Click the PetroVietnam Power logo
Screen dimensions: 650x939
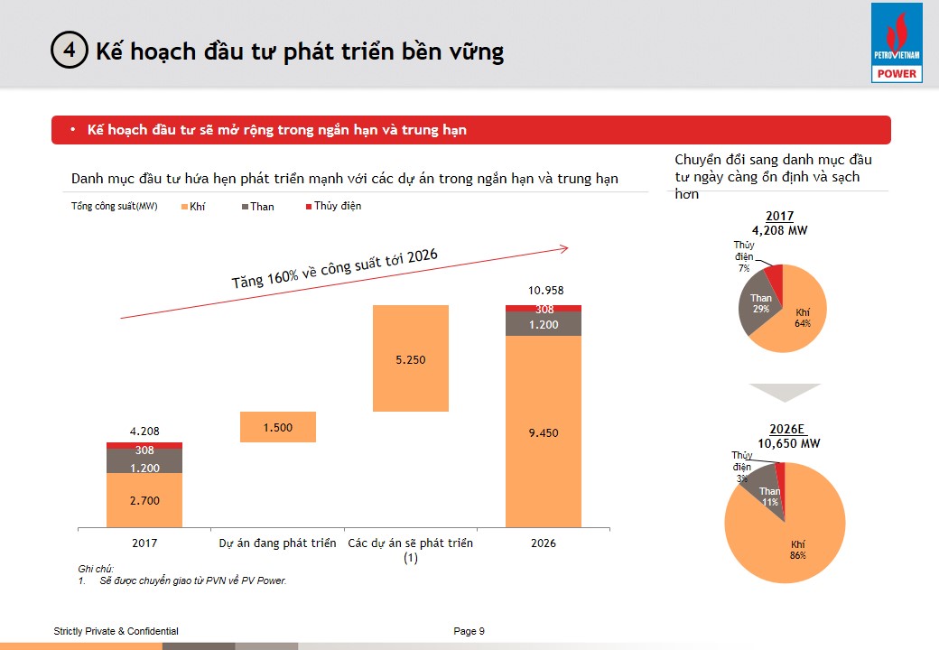tap(896, 43)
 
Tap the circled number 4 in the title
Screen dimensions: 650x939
tap(70, 51)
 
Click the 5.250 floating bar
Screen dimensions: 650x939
tap(411, 358)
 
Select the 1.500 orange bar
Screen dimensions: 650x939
tap(278, 427)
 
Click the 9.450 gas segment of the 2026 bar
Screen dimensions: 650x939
tap(544, 432)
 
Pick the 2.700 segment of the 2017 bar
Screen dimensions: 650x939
tap(144, 500)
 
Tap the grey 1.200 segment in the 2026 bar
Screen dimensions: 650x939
tap(544, 324)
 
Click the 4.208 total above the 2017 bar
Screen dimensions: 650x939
tap(144, 432)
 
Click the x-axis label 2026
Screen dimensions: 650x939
tap(544, 543)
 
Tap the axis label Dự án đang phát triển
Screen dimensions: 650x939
tap(278, 543)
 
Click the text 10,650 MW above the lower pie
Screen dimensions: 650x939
tap(788, 443)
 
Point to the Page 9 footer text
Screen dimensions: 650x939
tap(469, 631)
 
